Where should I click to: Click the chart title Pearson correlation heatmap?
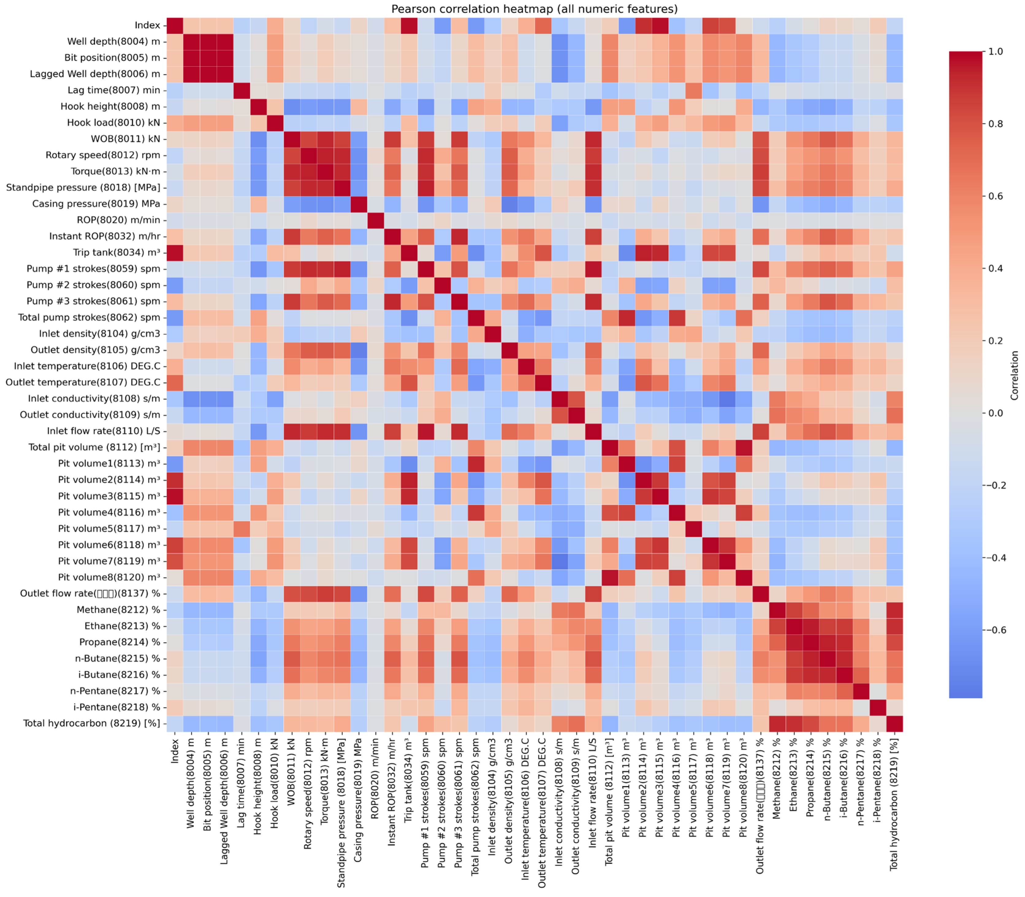click(534, 9)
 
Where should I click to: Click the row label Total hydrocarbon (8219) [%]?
click(92, 723)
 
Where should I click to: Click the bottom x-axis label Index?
click(175, 751)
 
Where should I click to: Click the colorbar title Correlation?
click(1015, 376)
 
